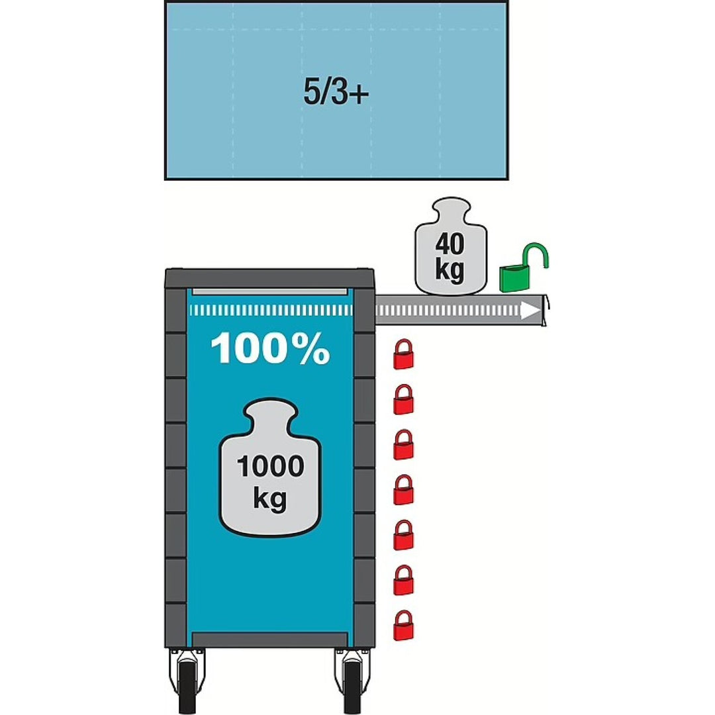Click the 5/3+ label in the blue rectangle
[x=336, y=92]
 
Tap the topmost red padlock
[x=403, y=356]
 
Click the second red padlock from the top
[x=403, y=401]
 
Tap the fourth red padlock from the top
[x=403, y=491]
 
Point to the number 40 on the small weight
[x=450, y=244]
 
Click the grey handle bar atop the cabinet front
[x=269, y=292]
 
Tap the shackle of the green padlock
[x=536, y=254]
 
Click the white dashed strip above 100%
[x=269, y=310]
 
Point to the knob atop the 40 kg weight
[x=450, y=210]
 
